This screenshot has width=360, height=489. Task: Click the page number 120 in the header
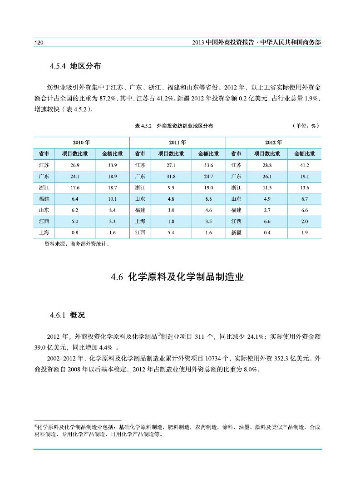click(38, 42)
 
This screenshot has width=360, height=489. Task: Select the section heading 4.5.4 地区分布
click(75, 66)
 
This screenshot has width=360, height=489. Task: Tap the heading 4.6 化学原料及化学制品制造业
click(178, 277)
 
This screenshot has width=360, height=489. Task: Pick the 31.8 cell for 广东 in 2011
click(171, 176)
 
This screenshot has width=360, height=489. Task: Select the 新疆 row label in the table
click(237, 233)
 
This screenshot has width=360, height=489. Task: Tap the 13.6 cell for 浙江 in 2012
click(304, 188)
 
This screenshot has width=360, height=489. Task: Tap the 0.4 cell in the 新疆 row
click(267, 233)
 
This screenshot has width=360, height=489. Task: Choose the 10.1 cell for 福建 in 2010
click(113, 199)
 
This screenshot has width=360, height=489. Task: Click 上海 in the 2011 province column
click(140, 222)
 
